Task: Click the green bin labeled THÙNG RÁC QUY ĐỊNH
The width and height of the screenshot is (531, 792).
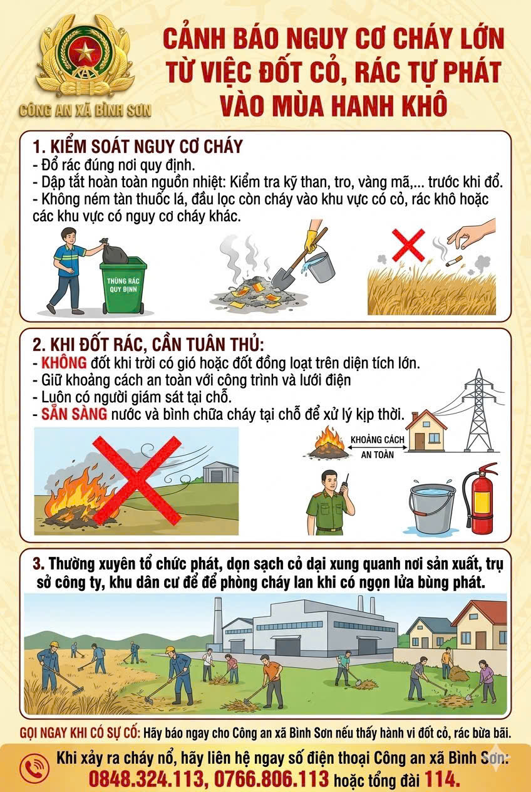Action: pyautogui.click(x=123, y=285)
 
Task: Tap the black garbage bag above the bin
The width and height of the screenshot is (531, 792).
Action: pyautogui.click(x=115, y=251)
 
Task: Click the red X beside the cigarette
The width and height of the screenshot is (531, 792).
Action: pyautogui.click(x=408, y=244)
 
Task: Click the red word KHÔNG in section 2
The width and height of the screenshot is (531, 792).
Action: pyautogui.click(x=64, y=363)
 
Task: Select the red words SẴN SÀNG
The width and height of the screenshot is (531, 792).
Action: pyautogui.click(x=74, y=414)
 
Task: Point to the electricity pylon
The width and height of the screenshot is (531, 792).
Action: pyautogui.click(x=478, y=411)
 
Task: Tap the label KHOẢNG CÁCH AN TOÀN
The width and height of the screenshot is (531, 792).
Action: pyautogui.click(x=378, y=447)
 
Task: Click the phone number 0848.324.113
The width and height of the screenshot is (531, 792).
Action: pyautogui.click(x=146, y=779)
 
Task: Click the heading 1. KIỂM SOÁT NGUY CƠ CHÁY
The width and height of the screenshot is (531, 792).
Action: pyautogui.click(x=137, y=147)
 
